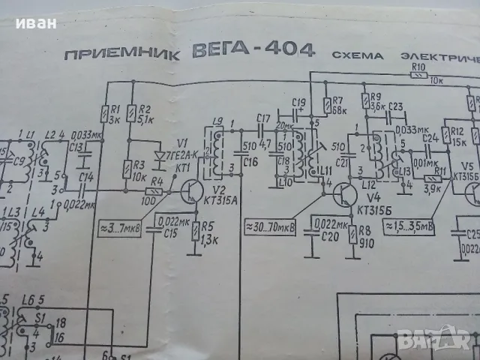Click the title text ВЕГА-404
point(256,53)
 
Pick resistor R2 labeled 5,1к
point(130,113)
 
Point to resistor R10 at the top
point(418,73)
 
